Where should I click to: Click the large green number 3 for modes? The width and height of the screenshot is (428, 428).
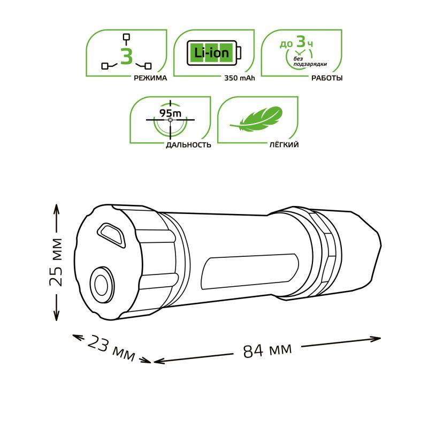coord(126,56)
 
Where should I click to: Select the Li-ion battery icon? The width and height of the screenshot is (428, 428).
coord(213,52)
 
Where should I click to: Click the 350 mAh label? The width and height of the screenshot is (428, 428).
coord(240,78)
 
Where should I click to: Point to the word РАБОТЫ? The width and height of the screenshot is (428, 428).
coord(326,78)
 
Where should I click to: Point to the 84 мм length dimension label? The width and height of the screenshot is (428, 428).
coord(267,350)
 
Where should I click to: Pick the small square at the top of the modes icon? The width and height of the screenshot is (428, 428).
coord(127,37)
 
